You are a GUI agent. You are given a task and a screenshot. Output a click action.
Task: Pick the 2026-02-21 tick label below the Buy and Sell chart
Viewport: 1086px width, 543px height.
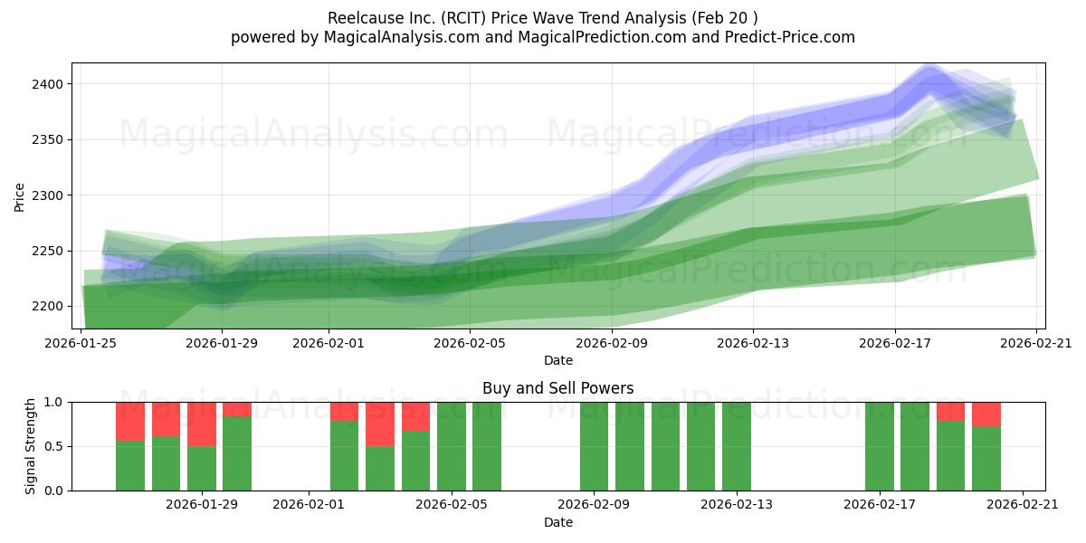[x=1022, y=504]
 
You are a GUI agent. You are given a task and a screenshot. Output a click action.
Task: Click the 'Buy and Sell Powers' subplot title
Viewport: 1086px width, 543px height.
[x=557, y=388]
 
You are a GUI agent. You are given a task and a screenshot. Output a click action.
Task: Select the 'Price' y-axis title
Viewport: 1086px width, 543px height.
[x=20, y=195]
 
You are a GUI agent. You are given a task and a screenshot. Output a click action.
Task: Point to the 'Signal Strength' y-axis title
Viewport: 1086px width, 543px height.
[x=31, y=446]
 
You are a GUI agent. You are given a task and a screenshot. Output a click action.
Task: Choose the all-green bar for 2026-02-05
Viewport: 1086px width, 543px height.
[x=487, y=446]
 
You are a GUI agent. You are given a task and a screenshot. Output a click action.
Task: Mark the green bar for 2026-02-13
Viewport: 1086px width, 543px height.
[x=737, y=446]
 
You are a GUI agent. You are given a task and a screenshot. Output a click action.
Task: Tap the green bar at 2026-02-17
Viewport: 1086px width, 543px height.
[x=879, y=446]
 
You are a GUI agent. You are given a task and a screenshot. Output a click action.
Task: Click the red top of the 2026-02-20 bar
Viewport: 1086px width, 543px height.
[x=986, y=414]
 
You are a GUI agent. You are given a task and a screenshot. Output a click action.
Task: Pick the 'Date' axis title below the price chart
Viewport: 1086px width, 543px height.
[x=557, y=360]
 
